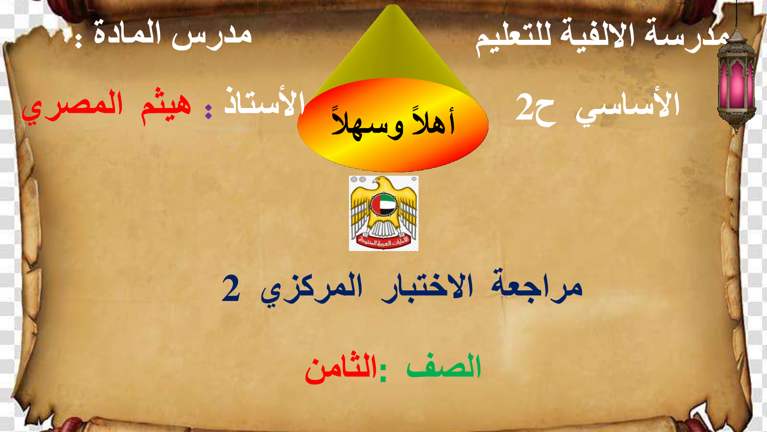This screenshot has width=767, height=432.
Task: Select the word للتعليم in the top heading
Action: coord(513,38)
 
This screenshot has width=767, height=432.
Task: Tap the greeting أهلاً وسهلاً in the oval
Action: coord(393,123)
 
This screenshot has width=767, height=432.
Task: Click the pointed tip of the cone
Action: coord(393,5)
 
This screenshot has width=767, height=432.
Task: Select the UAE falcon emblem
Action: coord(383,213)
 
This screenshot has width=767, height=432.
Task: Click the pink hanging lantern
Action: coord(736,81)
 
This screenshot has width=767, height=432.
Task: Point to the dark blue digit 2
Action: coord(231,288)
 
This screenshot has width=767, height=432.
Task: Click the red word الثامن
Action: coord(341,371)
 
